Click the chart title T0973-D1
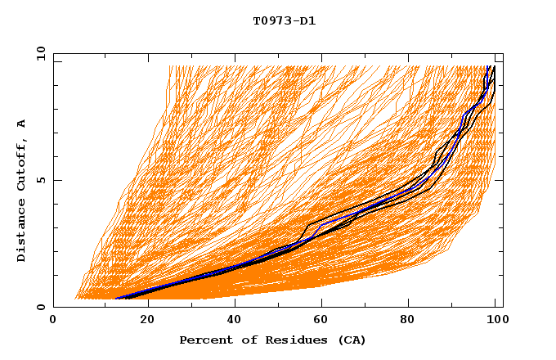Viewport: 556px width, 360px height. click(284, 21)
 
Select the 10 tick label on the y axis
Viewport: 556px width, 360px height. click(39, 54)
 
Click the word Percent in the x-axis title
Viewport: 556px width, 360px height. click(203, 340)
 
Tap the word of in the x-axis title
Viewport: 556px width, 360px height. click(244, 340)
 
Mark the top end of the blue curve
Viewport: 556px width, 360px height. click(488, 66)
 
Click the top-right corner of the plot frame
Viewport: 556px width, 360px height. click(503, 54)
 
